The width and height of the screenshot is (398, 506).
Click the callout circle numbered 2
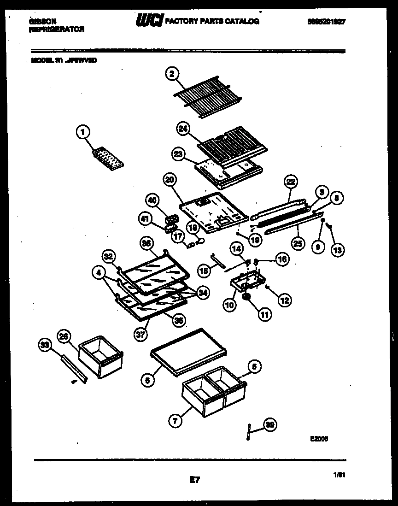(171, 74)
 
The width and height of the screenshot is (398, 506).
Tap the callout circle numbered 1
(83, 133)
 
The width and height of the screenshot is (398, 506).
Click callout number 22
(291, 182)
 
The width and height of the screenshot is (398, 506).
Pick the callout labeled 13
(337, 250)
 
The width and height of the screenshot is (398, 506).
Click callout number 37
(141, 335)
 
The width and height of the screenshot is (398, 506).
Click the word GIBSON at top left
(42, 21)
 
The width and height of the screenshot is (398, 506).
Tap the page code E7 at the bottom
(194, 480)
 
